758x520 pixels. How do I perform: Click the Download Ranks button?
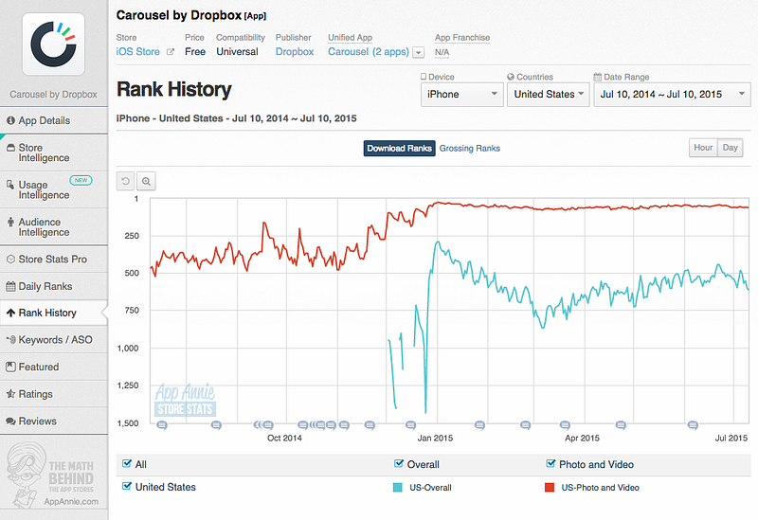click(399, 149)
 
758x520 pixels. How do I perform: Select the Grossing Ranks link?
click(469, 149)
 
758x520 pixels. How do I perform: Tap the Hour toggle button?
click(703, 148)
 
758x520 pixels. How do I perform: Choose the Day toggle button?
click(730, 148)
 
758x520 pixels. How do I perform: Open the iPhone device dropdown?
click(461, 94)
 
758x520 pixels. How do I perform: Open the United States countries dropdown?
click(549, 94)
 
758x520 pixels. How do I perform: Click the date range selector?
click(672, 94)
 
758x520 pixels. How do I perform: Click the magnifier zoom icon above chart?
click(146, 181)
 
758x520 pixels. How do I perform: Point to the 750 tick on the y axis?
click(132, 311)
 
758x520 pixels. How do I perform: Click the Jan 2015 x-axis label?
click(435, 438)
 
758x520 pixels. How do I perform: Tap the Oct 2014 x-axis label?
click(284, 438)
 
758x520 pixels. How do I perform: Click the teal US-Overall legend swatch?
click(397, 488)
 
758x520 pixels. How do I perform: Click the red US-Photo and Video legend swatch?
click(550, 488)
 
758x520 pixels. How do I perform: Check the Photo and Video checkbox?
click(550, 464)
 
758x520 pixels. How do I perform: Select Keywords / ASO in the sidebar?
click(54, 340)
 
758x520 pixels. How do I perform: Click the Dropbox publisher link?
click(295, 52)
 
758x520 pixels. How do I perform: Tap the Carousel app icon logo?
click(53, 44)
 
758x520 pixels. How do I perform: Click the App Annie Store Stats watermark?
click(185, 400)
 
